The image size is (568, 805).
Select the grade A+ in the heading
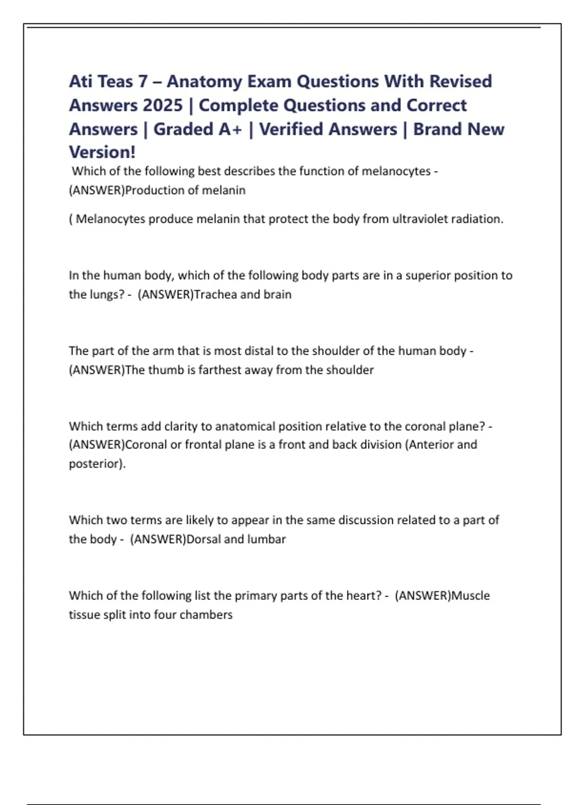(x=230, y=129)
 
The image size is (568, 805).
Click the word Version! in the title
(x=102, y=152)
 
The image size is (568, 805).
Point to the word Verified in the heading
(x=328, y=129)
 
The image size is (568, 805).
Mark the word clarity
(x=181, y=426)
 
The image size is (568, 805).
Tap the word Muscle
(x=470, y=595)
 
